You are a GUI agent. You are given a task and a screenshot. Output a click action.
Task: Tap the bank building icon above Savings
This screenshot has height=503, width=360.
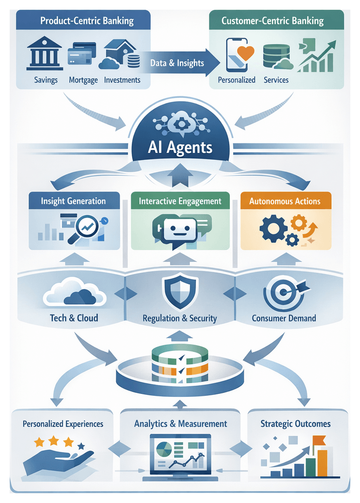click(x=44, y=54)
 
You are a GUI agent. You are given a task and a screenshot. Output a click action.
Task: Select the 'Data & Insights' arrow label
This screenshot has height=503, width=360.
click(x=177, y=63)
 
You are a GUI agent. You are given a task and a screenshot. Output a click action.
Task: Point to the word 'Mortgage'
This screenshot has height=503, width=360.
click(x=83, y=80)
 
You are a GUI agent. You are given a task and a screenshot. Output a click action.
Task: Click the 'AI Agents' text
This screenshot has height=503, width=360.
click(x=180, y=146)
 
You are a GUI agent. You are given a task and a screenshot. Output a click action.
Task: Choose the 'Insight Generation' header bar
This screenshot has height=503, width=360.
click(x=74, y=201)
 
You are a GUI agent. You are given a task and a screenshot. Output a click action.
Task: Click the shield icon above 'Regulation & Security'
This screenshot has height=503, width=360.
click(x=180, y=292)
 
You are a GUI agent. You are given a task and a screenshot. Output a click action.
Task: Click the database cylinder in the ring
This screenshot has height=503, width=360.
click(x=180, y=365)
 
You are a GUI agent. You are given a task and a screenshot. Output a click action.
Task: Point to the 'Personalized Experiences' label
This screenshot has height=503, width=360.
click(x=63, y=424)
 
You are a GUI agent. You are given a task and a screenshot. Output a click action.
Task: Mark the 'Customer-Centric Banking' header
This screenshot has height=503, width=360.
click(x=272, y=21)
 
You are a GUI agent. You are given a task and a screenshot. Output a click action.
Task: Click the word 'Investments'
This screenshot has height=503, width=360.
click(x=122, y=80)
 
